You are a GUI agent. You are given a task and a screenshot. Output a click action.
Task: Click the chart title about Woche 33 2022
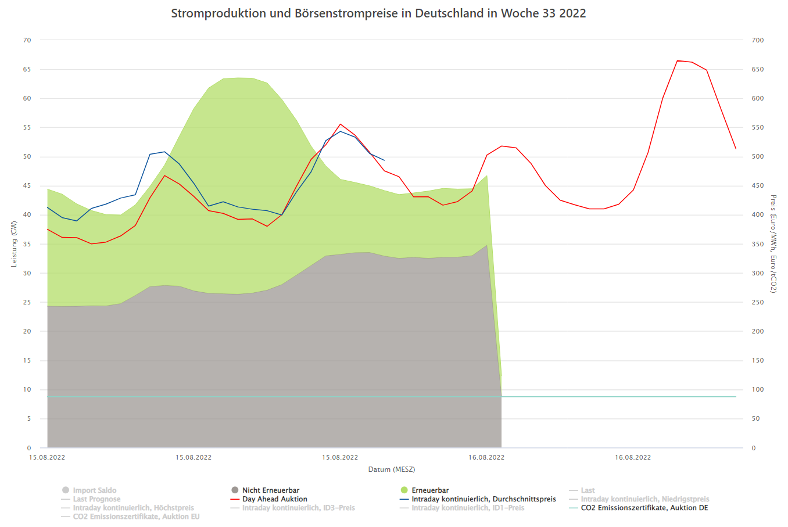pos(378,13)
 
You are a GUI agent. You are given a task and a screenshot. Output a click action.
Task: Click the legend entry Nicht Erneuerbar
pos(270,490)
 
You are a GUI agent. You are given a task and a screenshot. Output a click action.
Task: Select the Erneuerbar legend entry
pos(430,490)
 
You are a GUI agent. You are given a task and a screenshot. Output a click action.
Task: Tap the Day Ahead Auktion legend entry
pos(274,499)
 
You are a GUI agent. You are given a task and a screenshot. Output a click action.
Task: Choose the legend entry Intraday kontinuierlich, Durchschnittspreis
pos(483,499)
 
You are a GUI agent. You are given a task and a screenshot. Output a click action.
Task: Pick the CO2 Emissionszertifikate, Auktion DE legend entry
pos(644,508)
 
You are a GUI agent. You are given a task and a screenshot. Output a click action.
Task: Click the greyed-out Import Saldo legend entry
pos(94,490)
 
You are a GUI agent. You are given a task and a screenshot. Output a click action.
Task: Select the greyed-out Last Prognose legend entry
pos(96,499)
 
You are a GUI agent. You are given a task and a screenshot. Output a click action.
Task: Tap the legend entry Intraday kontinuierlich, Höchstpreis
pos(133,508)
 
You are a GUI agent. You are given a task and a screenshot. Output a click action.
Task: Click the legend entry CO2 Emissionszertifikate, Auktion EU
pos(136,517)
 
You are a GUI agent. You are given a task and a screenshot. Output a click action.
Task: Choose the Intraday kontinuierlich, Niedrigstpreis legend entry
pos(644,499)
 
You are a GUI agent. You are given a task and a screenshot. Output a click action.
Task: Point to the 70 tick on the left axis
pos(27,40)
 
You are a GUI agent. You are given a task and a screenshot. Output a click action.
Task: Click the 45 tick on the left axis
pos(27,186)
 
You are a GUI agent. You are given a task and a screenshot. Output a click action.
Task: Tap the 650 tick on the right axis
pos(758,69)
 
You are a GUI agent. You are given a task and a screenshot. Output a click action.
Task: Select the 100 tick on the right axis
pos(758,389)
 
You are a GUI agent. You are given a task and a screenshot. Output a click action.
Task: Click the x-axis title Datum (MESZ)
pos(392,469)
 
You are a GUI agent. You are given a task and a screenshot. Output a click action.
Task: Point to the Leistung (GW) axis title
pos(14,244)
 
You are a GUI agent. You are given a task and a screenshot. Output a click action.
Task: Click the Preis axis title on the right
pos(773,244)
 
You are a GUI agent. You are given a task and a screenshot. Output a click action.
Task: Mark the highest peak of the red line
pos(678,60)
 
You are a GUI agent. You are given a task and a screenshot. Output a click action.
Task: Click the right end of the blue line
pos(384,160)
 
